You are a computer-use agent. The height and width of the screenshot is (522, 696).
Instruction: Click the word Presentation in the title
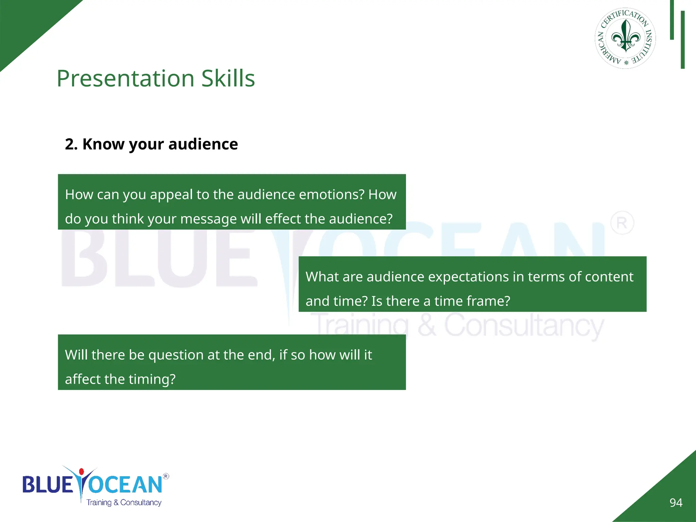(125, 79)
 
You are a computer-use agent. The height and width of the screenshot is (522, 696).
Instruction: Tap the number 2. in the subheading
(71, 144)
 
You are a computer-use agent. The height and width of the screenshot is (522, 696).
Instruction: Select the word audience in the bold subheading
(203, 144)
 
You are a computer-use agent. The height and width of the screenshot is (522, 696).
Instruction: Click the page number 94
(676, 503)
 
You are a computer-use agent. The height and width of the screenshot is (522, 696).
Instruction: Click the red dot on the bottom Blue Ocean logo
(81, 472)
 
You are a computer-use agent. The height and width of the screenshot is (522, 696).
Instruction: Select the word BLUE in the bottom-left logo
(48, 485)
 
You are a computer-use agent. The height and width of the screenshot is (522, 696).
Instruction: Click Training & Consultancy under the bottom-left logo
(124, 503)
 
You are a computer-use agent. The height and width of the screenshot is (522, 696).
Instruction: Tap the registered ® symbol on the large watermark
(622, 223)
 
